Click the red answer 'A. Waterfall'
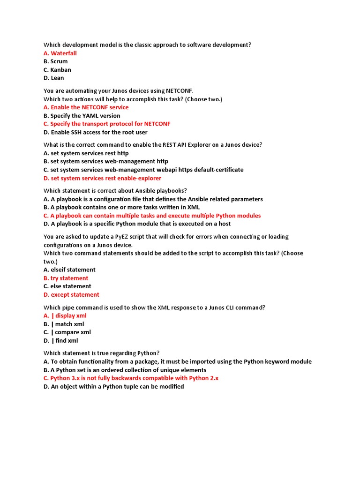coord(60,53)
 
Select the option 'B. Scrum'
coord(55,61)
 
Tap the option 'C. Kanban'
coord(57,70)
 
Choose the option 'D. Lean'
coord(54,78)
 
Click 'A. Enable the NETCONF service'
coord(86,107)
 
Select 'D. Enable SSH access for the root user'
coord(95,132)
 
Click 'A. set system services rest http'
coord(86,153)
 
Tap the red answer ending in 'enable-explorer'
coord(102,178)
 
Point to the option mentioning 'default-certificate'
coord(143,170)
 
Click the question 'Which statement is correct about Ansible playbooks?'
coord(115,191)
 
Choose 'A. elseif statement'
coord(69,270)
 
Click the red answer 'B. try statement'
coord(66,278)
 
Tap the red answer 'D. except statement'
coord(71,295)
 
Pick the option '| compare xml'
coord(67,332)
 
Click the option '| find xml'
coord(61,341)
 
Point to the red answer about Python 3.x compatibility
coord(131,378)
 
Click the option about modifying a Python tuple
coord(113,387)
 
